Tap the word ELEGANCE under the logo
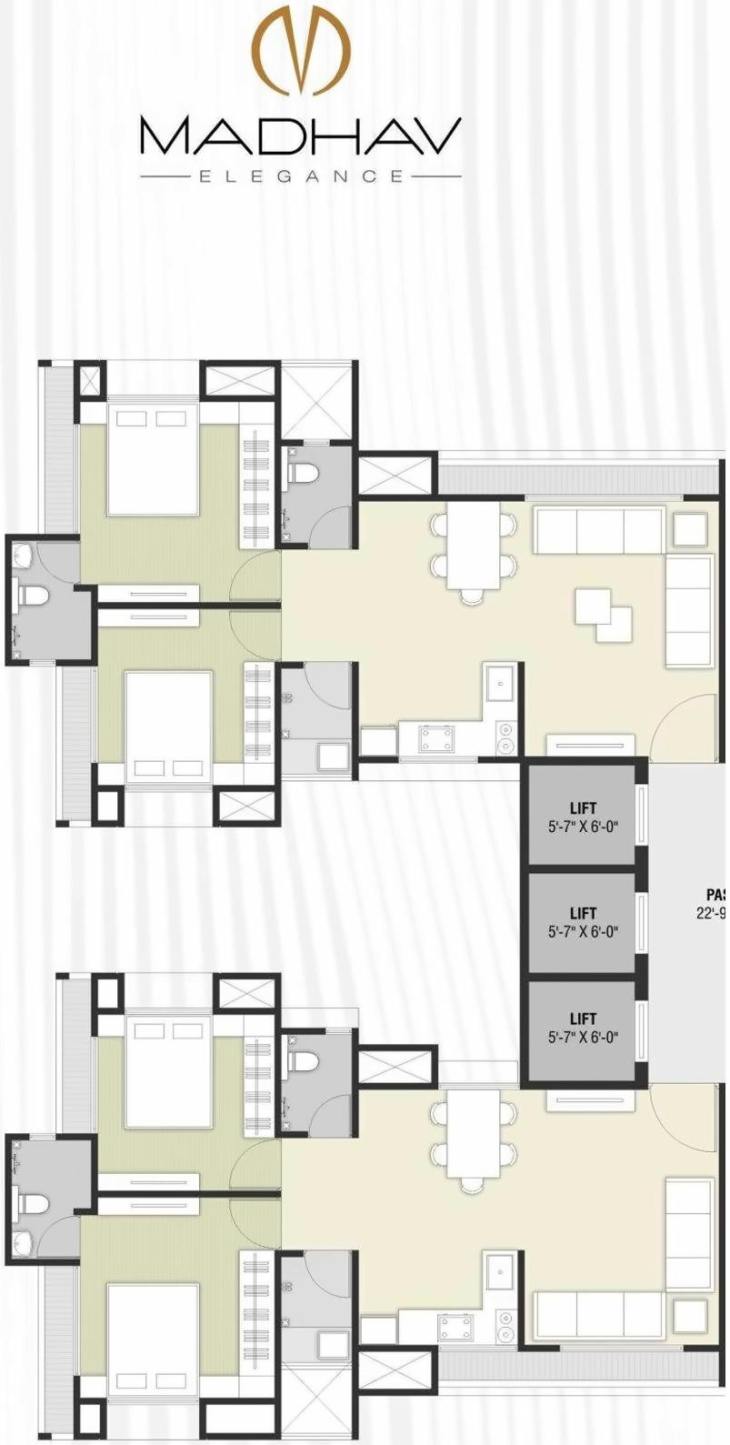tap(301, 176)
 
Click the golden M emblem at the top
tap(301, 50)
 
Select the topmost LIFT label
tap(583, 808)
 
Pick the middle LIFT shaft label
tap(583, 913)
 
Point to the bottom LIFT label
tap(583, 1019)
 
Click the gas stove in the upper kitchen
tap(437, 738)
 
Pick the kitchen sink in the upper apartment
tap(501, 682)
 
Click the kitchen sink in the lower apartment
tap(501, 1270)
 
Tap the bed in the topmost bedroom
tap(152, 459)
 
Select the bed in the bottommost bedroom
tap(152, 1332)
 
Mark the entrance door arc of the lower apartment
tap(684, 1117)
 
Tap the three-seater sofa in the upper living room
tap(598, 531)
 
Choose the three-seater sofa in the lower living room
tap(598, 1314)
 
